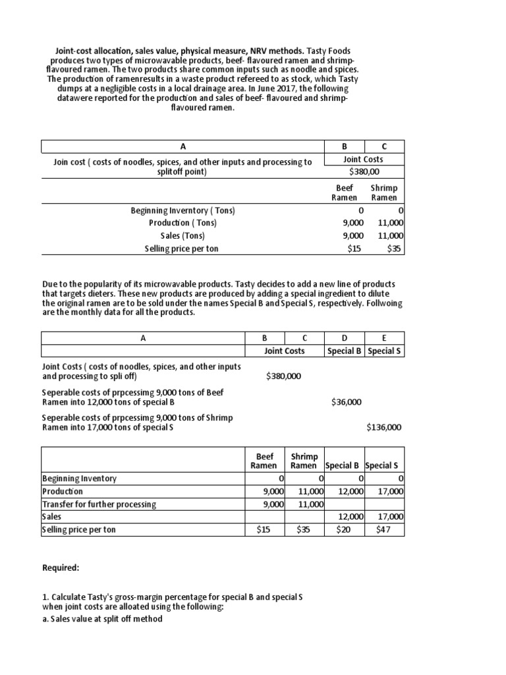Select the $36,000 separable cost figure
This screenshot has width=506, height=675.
pos(346,401)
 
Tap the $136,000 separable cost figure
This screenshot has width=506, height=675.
pos(384,427)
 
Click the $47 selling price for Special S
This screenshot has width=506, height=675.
pos(384,529)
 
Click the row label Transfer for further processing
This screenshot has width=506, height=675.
pos(99,504)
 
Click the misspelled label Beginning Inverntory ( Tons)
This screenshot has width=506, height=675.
pos(183,210)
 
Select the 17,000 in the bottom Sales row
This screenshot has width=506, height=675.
pos(391,517)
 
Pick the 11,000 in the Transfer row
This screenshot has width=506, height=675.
pos(311,504)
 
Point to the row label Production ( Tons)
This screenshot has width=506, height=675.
pos(183,223)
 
